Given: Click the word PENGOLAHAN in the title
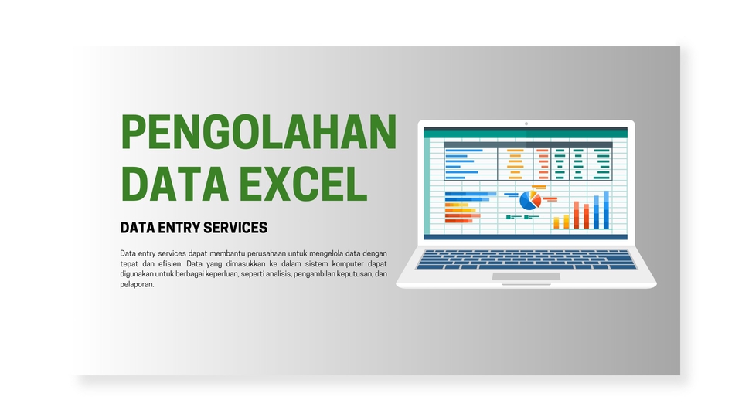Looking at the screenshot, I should coord(259,132).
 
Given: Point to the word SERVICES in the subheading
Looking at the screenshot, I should coord(236,228).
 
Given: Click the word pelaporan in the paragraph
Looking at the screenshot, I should coord(138,284).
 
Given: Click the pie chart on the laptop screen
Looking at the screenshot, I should coord(529,200).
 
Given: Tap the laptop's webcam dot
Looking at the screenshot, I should coord(526,124).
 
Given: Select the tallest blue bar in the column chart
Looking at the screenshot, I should coord(606,209).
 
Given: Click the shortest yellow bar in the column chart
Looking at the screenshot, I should coord(556,223).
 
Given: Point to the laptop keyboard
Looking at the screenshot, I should coord(526,259).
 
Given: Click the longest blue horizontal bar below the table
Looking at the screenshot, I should coord(471,194).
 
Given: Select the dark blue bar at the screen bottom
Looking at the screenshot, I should coord(526,236).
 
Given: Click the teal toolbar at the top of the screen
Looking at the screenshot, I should coord(526,132).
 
